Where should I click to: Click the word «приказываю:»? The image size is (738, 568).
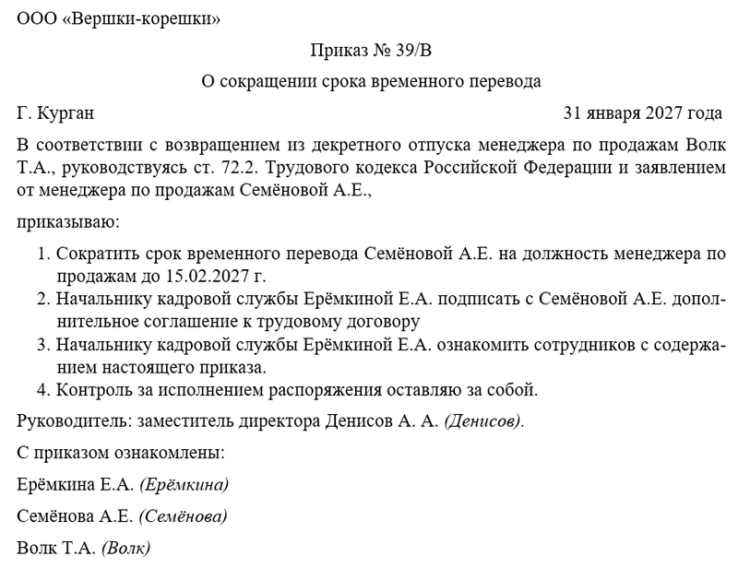[67, 221]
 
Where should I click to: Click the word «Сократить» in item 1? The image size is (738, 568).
[91, 253]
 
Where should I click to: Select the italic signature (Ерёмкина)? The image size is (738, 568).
[184, 484]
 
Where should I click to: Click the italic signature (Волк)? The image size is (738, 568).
[125, 548]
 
